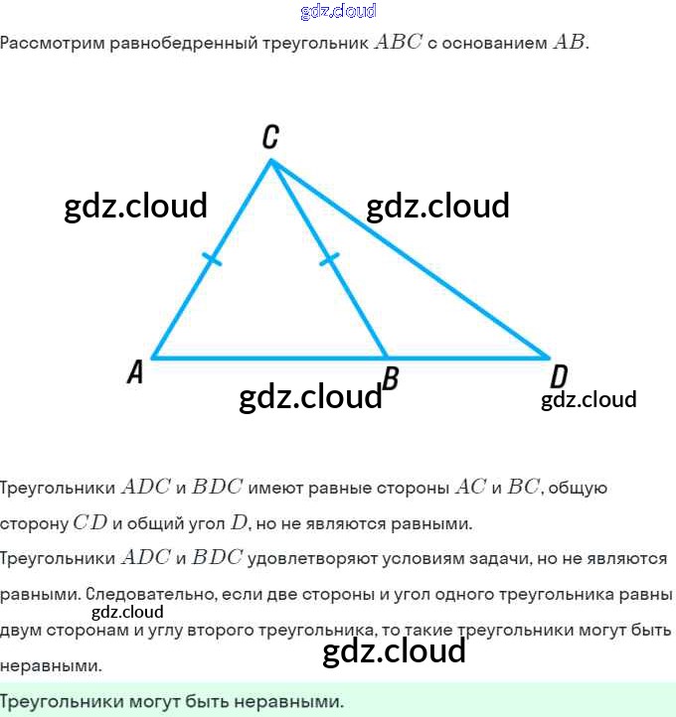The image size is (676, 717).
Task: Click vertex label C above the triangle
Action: tap(269, 138)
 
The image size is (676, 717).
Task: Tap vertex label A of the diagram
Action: tap(136, 372)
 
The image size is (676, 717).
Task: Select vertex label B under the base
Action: tap(392, 377)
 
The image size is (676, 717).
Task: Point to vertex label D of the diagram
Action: tap(559, 376)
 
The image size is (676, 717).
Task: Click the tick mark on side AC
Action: tap(212, 260)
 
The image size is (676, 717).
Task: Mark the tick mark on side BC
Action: tap(330, 260)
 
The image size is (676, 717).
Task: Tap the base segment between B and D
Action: tap(467, 358)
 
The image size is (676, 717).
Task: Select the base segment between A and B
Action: tap(268, 358)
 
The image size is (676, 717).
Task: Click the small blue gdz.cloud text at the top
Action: tap(338, 11)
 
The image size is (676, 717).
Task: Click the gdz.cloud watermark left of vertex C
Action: tap(136, 206)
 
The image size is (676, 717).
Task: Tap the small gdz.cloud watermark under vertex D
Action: tap(589, 400)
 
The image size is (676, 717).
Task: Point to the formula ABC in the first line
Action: tap(397, 43)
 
